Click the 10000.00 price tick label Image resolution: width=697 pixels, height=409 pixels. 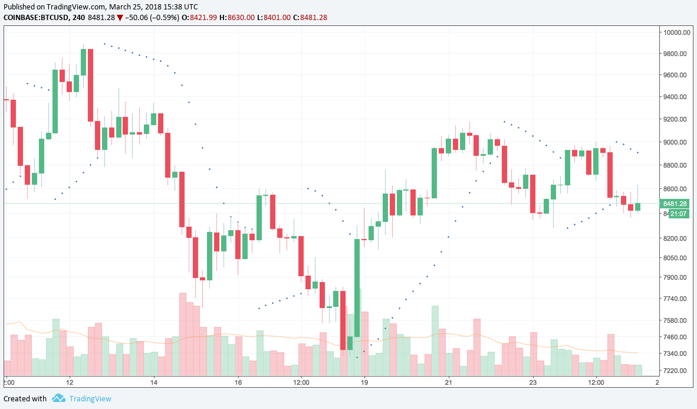(x=677, y=32)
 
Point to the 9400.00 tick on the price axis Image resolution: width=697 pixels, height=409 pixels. (x=677, y=97)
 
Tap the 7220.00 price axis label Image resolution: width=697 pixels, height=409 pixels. (x=677, y=371)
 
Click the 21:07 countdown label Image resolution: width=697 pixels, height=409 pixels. (x=677, y=213)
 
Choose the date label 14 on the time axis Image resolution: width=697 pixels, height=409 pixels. (x=154, y=382)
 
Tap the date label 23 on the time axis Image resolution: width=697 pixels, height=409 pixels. (x=532, y=382)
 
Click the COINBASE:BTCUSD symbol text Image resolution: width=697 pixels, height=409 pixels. (x=35, y=18)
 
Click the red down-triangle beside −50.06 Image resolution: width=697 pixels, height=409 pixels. (x=120, y=18)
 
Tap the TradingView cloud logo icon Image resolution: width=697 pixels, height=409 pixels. (x=58, y=398)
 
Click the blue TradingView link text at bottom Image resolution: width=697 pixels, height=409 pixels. (x=90, y=398)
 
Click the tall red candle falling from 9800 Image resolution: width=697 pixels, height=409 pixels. (x=90, y=85)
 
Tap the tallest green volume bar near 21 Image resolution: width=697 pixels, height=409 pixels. (x=435, y=341)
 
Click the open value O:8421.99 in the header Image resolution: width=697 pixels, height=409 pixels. (x=199, y=18)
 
